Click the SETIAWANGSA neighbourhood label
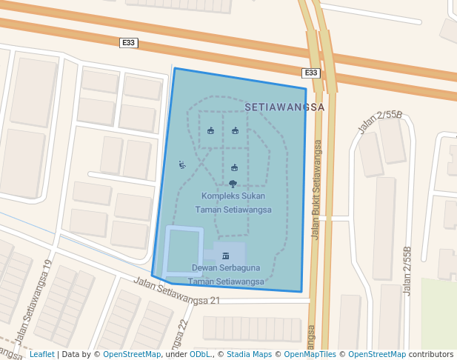coord(284,107)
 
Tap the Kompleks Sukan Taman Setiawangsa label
coord(233,202)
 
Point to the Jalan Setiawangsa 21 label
coord(178,290)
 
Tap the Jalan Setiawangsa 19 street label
coord(35,301)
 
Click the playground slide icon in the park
coord(181,164)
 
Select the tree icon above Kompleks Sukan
coord(233,183)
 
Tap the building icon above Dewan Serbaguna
coord(226,256)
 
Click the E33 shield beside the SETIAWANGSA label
coord(311,73)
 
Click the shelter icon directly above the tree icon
coord(235,167)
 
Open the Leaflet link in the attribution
coord(42,354)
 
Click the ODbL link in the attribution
coord(200,354)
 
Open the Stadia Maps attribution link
coord(249,354)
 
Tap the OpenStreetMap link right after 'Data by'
coord(132,354)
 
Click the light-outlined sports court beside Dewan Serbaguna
coord(184,252)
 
